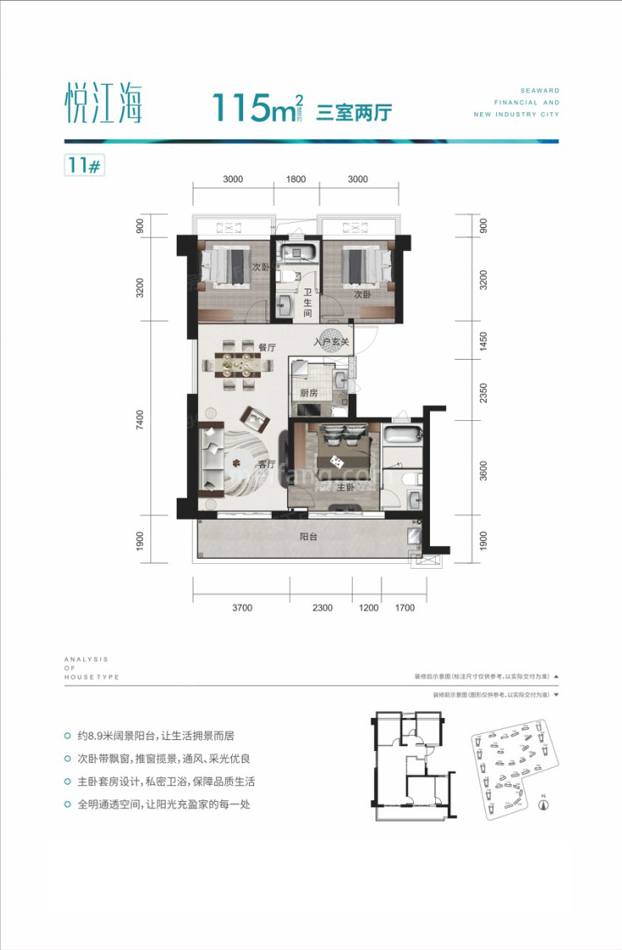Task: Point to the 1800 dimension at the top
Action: [296, 179]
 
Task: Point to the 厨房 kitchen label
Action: [310, 393]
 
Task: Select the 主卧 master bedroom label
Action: [344, 488]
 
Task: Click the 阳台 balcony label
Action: [308, 537]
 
